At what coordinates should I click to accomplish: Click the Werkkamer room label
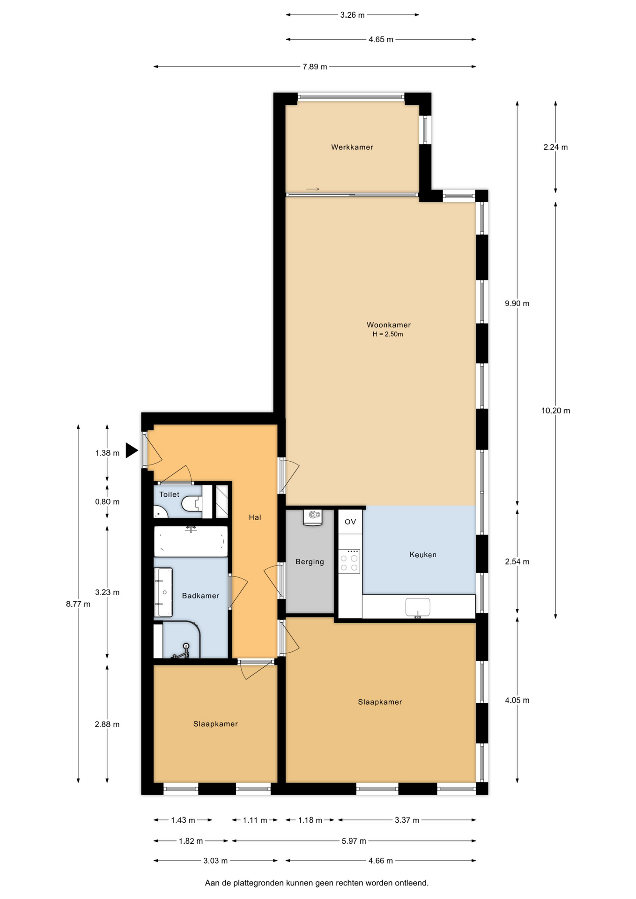pyautogui.click(x=352, y=147)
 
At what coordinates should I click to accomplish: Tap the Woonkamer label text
pyautogui.click(x=389, y=325)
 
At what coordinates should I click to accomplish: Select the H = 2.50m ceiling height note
pyautogui.click(x=388, y=334)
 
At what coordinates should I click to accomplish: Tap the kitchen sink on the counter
pyautogui.click(x=417, y=607)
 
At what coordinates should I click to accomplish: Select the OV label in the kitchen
pyautogui.click(x=350, y=522)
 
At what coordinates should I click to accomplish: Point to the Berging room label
pyautogui.click(x=310, y=562)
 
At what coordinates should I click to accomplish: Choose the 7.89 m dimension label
pyautogui.click(x=315, y=67)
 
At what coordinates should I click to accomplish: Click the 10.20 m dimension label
pyautogui.click(x=556, y=411)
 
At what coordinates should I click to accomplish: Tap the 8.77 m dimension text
pyautogui.click(x=78, y=604)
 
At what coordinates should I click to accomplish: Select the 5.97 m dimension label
pyautogui.click(x=354, y=841)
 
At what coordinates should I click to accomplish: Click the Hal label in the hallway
pyautogui.click(x=255, y=517)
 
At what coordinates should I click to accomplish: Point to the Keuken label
pyautogui.click(x=423, y=555)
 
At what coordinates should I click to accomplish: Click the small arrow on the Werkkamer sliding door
pyautogui.click(x=313, y=189)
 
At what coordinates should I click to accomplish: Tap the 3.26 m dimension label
pyautogui.click(x=352, y=15)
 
